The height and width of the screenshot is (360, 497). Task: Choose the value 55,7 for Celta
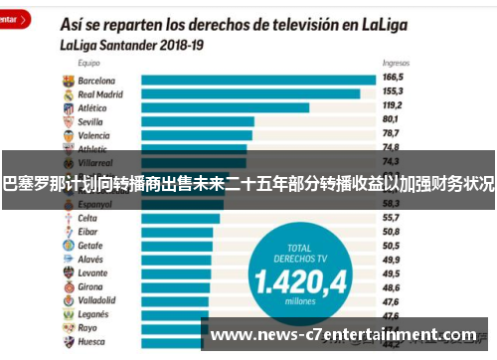pos(390,217)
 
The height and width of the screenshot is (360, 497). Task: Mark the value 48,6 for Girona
pos(390,285)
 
